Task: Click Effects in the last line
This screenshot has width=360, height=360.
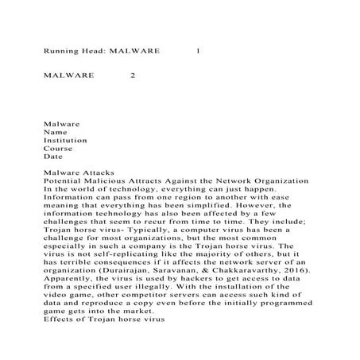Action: pyautogui.click(x=61, y=327)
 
